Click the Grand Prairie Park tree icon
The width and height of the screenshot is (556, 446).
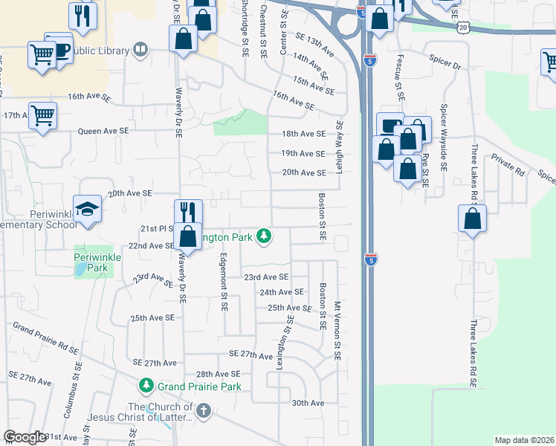click(146, 387)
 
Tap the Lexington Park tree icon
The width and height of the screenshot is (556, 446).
click(262, 236)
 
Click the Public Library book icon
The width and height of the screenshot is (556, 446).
click(139, 50)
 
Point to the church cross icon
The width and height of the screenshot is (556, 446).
click(203, 410)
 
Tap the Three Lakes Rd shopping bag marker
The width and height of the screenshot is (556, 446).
click(472, 219)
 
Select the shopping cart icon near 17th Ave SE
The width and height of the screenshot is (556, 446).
click(42, 115)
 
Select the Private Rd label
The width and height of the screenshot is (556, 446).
click(508, 165)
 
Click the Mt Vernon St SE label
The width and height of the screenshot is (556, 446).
click(337, 331)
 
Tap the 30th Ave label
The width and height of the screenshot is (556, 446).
click(308, 403)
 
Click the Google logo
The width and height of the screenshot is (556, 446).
click(25, 437)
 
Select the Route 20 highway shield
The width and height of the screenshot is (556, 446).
click(464, 27)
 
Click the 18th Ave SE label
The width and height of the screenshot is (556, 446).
click(303, 134)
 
